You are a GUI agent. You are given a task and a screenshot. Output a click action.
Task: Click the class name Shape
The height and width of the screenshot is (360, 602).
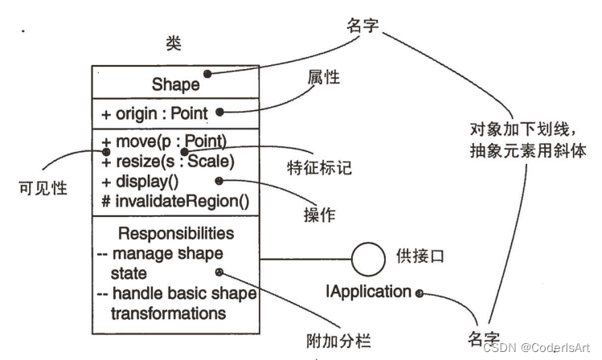tap(175, 84)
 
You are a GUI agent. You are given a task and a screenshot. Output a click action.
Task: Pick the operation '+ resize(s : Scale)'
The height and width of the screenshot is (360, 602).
tap(167, 161)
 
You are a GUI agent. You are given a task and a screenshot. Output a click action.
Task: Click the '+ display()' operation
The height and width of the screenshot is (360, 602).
tap(141, 181)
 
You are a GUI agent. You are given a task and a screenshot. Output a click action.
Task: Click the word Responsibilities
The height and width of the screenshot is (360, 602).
tap(176, 234)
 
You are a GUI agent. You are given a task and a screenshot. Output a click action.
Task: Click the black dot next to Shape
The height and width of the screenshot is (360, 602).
tap(207, 74)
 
